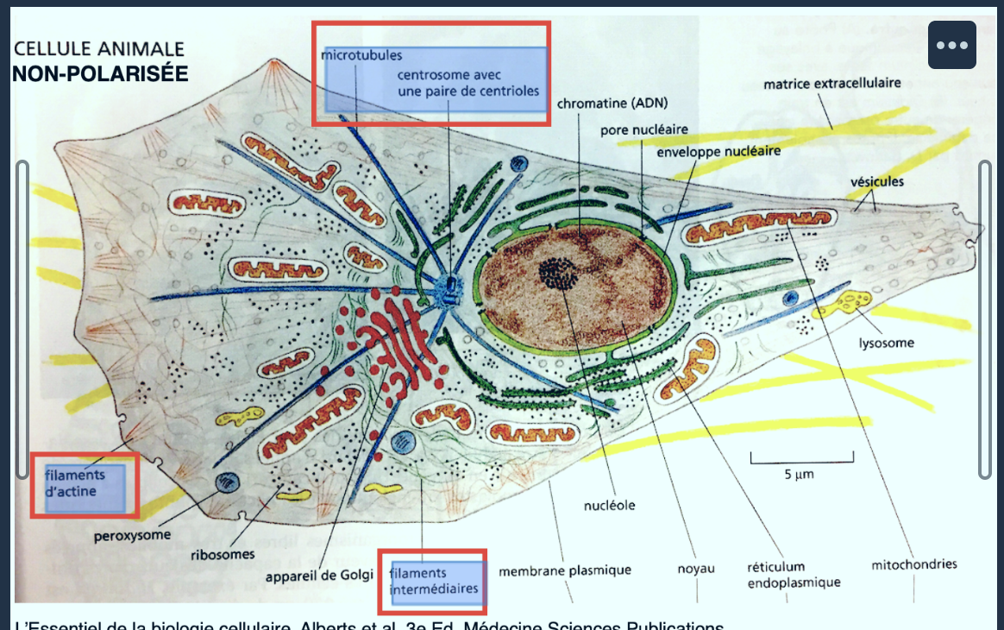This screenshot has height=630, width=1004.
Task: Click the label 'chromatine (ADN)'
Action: click(x=612, y=104)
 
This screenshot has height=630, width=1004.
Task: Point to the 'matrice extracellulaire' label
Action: click(x=831, y=83)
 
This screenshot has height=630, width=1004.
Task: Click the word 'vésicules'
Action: click(x=876, y=181)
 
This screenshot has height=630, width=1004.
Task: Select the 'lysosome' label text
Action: click(x=886, y=343)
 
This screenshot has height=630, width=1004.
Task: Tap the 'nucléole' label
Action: click(x=609, y=505)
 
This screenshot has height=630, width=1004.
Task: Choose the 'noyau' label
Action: click(x=695, y=570)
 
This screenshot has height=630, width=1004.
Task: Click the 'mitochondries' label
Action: click(x=914, y=564)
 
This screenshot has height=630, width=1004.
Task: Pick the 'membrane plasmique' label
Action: click(x=565, y=570)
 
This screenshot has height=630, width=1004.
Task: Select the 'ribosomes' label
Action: click(x=223, y=554)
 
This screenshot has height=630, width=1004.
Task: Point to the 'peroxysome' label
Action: click(x=132, y=535)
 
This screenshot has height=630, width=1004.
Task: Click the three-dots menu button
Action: click(x=951, y=45)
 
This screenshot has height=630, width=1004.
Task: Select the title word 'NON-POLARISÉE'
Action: click(x=100, y=73)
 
